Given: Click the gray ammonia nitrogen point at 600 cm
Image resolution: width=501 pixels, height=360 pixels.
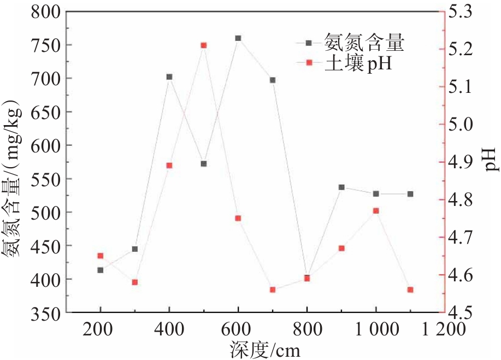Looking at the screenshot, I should coord(238,38).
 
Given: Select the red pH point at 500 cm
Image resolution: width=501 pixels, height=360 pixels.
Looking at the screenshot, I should coord(203,45).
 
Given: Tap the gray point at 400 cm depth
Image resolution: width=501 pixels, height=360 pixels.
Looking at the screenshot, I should coord(169,77).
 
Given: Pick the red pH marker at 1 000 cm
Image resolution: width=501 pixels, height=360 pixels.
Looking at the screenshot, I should coord(376,211).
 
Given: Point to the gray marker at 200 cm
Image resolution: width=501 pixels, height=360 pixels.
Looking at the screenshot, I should coord(101,270).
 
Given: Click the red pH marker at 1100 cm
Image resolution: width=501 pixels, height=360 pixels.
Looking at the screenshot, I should coord(410,290).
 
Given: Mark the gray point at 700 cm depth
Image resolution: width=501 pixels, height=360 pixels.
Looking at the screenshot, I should coord(273,80).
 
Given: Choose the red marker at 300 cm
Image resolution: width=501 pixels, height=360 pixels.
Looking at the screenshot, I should coord(135,282).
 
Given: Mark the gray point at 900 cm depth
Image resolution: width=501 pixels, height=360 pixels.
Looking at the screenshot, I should coord(341,187).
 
